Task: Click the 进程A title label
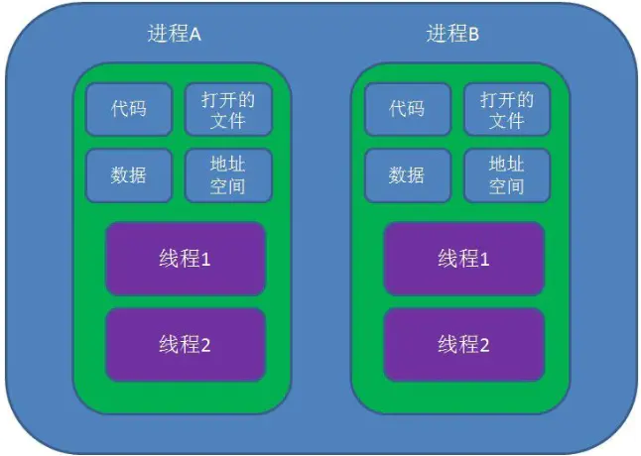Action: coord(174,35)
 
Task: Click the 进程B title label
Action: coord(452,35)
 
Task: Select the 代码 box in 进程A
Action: coord(129,109)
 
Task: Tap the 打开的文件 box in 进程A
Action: coord(227,109)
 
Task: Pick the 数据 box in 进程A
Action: coord(129,175)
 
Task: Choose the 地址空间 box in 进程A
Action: coord(227,175)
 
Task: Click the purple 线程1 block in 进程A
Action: coord(186,259)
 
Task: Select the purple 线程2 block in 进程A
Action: coord(186,345)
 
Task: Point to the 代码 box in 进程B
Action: coord(407,109)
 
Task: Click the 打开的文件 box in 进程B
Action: coord(506,109)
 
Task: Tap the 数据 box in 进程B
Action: coord(407,175)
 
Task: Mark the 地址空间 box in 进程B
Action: coord(506,175)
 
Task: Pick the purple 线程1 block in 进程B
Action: coord(464,259)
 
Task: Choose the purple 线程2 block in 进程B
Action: coord(464,345)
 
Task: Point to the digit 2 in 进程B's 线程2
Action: coord(484,346)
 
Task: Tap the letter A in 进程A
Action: coord(195,35)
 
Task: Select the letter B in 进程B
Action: coord(474,35)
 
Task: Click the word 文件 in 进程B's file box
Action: coord(506,121)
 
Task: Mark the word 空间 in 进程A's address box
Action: coord(227,186)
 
